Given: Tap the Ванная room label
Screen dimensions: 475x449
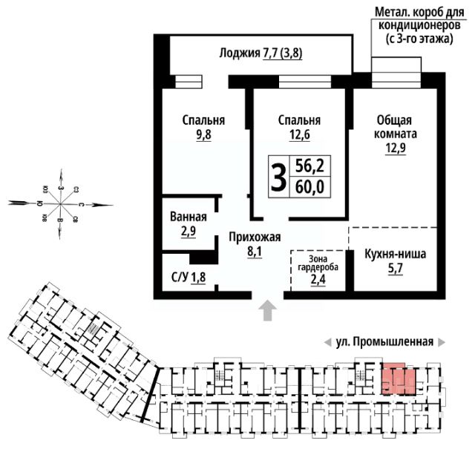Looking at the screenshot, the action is pyautogui.click(x=188, y=217).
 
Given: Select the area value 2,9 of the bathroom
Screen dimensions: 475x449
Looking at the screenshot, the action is pyautogui.click(x=188, y=232).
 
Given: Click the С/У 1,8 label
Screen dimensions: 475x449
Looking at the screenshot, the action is pyautogui.click(x=188, y=279).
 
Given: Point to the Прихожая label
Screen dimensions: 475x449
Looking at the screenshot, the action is pyautogui.click(x=254, y=237).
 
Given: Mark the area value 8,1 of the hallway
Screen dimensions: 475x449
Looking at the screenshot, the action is pyautogui.click(x=254, y=252).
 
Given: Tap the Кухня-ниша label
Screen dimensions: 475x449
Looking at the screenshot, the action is pyautogui.click(x=395, y=255).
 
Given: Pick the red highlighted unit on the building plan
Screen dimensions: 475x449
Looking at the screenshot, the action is pyautogui.click(x=398, y=379).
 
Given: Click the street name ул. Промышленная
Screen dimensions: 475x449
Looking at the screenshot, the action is pyautogui.click(x=384, y=342).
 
